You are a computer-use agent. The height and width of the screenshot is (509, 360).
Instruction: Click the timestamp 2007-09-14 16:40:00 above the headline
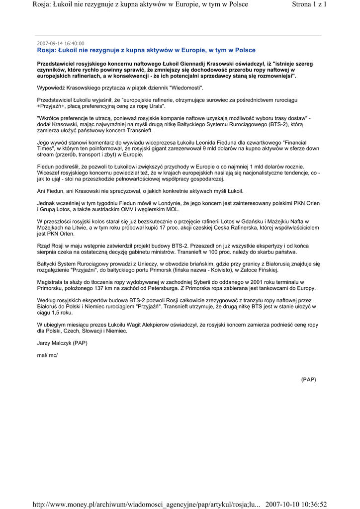61,43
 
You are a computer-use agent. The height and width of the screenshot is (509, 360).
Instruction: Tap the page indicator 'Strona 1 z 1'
309,4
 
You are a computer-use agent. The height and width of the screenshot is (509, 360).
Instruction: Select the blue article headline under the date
146,50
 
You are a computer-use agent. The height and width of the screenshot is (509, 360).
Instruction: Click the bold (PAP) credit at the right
308,379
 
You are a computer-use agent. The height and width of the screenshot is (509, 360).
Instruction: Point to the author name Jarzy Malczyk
55,343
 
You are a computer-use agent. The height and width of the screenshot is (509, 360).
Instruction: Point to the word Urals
154,106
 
